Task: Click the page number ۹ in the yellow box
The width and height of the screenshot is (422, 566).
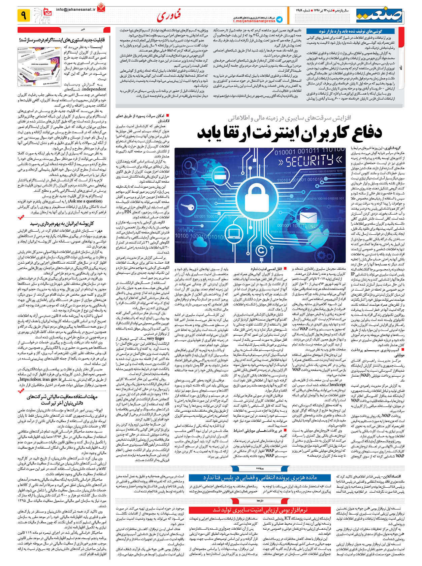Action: point(24,15)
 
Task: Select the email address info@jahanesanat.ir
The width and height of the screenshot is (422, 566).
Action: point(76,10)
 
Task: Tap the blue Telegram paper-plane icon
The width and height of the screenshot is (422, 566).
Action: point(279,20)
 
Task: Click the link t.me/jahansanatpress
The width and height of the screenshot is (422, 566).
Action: point(254,21)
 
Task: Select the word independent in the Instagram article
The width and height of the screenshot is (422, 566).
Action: point(94,89)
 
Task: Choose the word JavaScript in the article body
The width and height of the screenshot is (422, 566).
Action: point(337,384)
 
